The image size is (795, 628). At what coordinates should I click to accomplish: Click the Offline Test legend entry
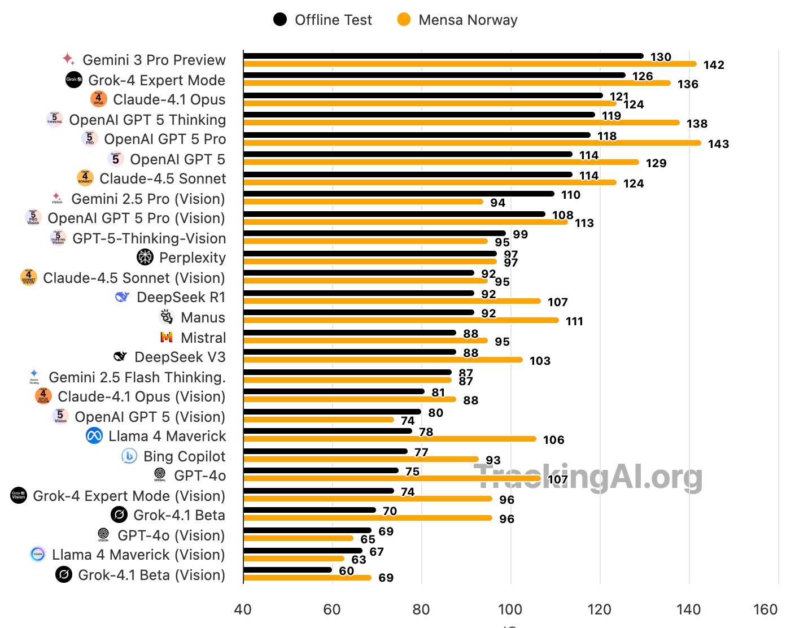coord(322,20)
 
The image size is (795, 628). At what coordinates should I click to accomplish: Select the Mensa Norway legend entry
coord(457,20)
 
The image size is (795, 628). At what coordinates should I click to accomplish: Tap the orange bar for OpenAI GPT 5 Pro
coord(472,143)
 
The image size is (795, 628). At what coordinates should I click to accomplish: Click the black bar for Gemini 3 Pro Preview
coord(443,56)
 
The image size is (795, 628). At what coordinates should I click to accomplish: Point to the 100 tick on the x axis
coord(510,609)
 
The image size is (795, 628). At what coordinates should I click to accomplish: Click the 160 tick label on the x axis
coord(765,609)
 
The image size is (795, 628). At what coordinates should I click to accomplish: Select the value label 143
coord(718,144)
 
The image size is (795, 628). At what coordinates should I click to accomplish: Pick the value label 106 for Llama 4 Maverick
coord(553,440)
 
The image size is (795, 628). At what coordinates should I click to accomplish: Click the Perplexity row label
coord(192,258)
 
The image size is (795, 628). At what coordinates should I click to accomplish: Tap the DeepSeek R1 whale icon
coord(122,296)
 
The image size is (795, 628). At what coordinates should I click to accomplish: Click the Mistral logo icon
coord(167,337)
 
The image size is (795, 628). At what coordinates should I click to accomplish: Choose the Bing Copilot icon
coord(129,456)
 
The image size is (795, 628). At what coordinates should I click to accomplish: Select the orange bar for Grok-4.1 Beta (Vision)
coord(307,578)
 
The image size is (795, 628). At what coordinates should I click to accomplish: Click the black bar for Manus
coord(359,312)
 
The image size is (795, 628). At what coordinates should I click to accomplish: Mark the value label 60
coord(346,570)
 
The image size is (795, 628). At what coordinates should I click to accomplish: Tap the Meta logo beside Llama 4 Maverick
coord(94,435)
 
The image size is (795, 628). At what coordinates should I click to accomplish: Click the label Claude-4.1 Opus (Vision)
coord(141,396)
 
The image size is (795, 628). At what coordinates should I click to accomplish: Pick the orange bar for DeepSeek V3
coord(383,360)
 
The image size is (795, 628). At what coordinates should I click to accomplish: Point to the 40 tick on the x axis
coord(243,609)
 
